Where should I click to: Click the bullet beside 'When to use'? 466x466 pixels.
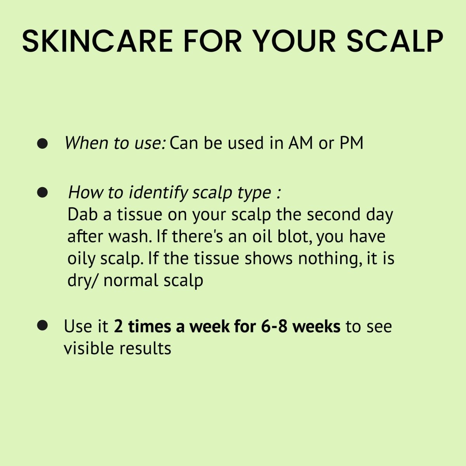tap(42, 144)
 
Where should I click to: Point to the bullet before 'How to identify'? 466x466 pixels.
tap(42, 192)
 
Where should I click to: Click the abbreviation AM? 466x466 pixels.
tap(301, 143)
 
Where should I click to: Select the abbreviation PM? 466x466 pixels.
tap(351, 143)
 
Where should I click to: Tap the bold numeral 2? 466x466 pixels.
tap(118, 327)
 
